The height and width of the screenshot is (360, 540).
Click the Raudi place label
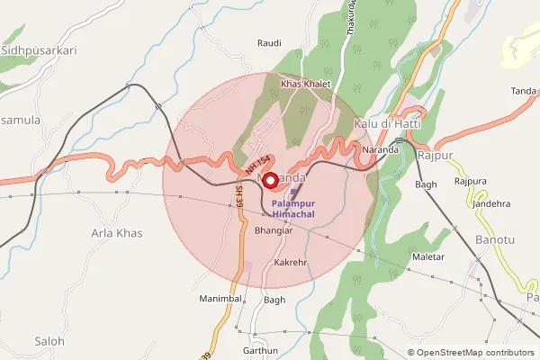[269, 42]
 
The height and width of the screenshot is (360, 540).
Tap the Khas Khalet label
[306, 84]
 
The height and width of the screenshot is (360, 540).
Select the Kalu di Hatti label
[389, 122]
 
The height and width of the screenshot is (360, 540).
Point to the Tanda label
[523, 91]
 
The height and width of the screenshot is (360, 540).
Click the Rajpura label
[471, 181]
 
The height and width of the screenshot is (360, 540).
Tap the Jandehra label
[491, 203]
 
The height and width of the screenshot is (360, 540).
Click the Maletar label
[428, 257]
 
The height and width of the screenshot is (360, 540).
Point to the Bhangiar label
[274, 231]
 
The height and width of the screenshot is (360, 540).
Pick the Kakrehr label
[292, 263]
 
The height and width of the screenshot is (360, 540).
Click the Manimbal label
[222, 297]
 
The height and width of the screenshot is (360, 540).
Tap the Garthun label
[260, 350]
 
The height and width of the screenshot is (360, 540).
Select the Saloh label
[49, 341]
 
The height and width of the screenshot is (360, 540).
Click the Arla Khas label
[117, 233]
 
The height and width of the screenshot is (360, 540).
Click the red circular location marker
[269, 180]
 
